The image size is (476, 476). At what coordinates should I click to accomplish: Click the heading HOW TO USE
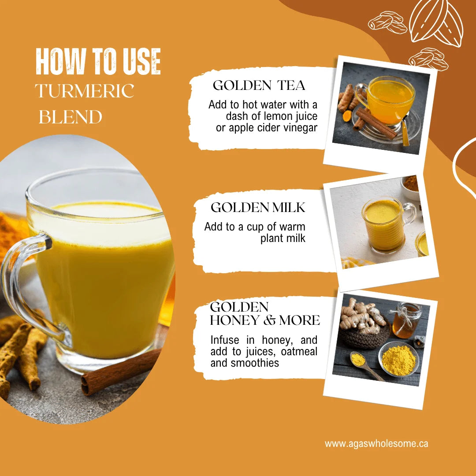pyautogui.click(x=98, y=61)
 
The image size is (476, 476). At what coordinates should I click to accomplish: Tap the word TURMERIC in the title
pyautogui.click(x=85, y=90)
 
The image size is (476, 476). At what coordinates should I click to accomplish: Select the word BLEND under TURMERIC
pyautogui.click(x=71, y=117)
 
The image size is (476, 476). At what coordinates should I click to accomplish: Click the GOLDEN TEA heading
pyautogui.click(x=259, y=86)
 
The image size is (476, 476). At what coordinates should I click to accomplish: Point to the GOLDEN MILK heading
pyautogui.click(x=258, y=208)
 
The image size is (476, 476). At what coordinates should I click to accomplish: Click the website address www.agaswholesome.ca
pyautogui.click(x=376, y=443)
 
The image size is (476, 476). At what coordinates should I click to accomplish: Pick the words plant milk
pyautogui.click(x=283, y=238)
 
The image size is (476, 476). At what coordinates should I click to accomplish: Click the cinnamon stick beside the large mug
pyautogui.click(x=120, y=372)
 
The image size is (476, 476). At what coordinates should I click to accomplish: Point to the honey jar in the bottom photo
pyautogui.click(x=406, y=320)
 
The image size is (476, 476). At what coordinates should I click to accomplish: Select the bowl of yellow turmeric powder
pyautogui.click(x=398, y=359)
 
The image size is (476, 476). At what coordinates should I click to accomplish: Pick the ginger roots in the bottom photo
pyautogui.click(x=363, y=316)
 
